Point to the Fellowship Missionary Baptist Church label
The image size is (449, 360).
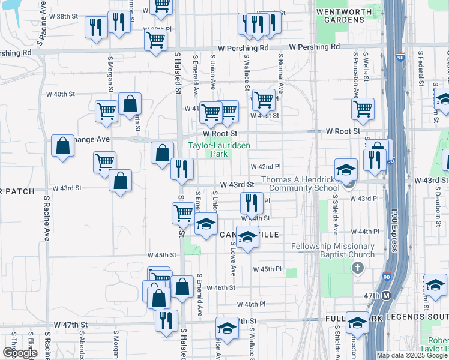tap(332, 250)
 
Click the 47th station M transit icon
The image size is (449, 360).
tap(387, 296)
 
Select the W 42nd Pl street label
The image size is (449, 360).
tap(265, 166)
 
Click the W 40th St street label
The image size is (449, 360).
tap(60, 94)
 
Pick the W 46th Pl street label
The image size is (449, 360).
tap(250, 305)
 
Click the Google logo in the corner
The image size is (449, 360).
tap(20, 353)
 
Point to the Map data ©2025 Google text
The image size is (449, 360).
tap(412, 355)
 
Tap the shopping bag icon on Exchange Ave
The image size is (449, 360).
tap(63, 146)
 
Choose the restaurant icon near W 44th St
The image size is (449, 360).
tap(252, 203)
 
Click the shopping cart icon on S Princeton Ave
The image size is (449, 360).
tap(363, 109)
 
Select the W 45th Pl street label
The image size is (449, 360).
tap(267, 269)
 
